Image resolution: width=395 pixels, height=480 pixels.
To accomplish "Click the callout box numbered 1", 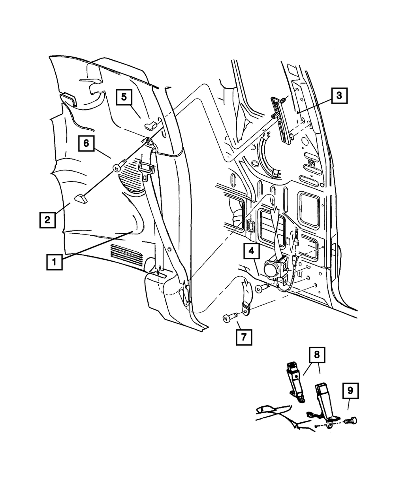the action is tap(54, 262).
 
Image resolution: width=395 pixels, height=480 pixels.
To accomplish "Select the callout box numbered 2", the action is tap(47, 220).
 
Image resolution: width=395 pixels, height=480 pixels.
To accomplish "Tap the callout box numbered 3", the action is tap(339, 96).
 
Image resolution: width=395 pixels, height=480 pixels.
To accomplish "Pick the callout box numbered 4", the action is tap(252, 251).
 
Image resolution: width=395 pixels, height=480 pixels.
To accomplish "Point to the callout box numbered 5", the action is tap(124, 97).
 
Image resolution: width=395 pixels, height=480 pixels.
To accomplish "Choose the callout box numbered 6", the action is tap(87, 144).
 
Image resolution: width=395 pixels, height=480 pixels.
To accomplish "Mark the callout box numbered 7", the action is tap(244, 337).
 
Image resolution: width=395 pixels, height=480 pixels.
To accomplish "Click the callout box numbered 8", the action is tap(317, 355).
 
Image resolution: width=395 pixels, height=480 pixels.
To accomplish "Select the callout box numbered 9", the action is tap(350, 391).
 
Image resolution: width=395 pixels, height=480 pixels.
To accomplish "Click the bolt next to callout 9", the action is tap(351, 421).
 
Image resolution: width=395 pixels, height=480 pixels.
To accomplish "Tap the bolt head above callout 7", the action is tap(226, 319).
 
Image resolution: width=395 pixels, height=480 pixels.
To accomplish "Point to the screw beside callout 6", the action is tap(119, 165).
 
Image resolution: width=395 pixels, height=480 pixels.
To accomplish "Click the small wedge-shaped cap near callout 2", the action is tap(81, 198).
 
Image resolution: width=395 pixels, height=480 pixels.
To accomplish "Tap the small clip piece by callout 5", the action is tap(150, 125).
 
